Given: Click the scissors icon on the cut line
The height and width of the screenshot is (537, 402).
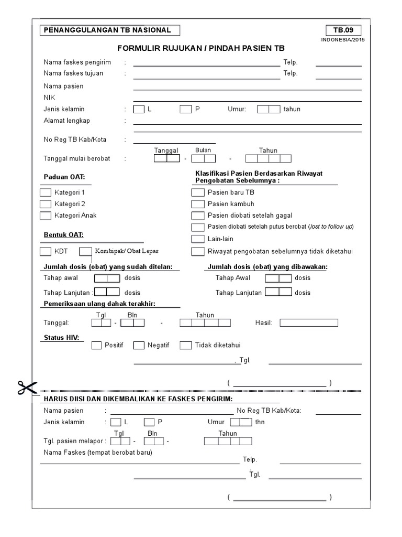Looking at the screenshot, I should pyautogui.click(x=26, y=389).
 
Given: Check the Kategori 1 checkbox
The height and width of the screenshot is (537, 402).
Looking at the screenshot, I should pyautogui.click(x=46, y=192).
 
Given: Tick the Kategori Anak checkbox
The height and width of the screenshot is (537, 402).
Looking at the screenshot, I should pyautogui.click(x=46, y=215).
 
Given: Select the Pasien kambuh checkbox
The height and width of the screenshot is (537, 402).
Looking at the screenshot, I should pyautogui.click(x=198, y=204).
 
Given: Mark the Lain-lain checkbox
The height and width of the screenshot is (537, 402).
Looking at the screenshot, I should pyautogui.click(x=198, y=239).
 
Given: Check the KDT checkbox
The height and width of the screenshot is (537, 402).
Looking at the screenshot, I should pyautogui.click(x=46, y=251).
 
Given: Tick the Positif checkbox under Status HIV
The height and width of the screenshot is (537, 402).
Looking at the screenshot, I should pyautogui.click(x=97, y=345).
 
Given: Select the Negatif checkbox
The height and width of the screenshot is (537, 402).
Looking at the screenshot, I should pyautogui.click(x=139, y=345).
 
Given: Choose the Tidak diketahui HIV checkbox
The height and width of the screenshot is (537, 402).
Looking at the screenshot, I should pyautogui.click(x=186, y=345).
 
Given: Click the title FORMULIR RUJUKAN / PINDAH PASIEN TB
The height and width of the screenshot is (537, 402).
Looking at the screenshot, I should pyautogui.click(x=201, y=48).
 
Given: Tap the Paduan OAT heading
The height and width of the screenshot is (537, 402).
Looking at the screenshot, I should pyautogui.click(x=64, y=177).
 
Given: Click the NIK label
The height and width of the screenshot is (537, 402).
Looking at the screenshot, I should pyautogui.click(x=49, y=98).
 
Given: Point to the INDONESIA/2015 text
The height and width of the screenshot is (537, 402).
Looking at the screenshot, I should pyautogui.click(x=343, y=40).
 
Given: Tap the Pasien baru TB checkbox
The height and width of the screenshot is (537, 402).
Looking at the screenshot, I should pyautogui.click(x=198, y=192).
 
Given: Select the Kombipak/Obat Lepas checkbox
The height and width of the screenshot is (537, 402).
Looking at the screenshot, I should pyautogui.click(x=85, y=251).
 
